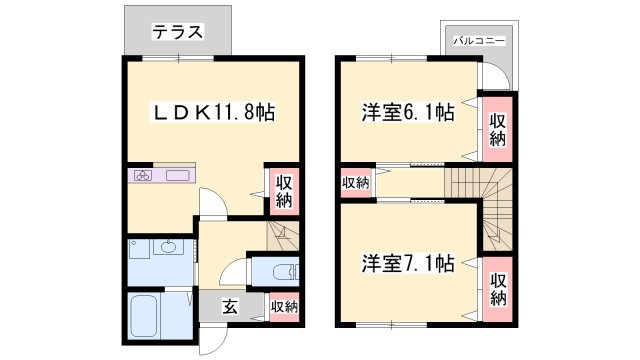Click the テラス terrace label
(178, 33)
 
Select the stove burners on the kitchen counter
(143, 177)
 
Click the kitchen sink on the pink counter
(179, 177)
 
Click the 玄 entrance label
(229, 307)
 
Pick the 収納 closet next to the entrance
(284, 306)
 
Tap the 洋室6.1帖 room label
(407, 112)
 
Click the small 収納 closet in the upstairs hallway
(355, 183)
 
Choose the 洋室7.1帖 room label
(407, 264)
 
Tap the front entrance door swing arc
(213, 339)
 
